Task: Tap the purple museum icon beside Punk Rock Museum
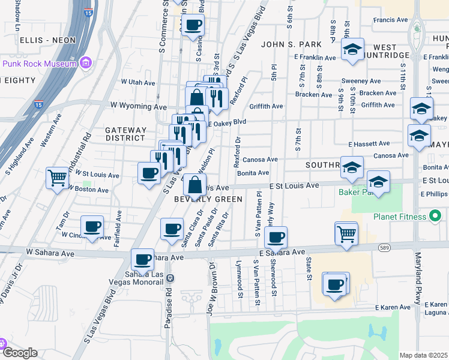pyautogui.click(x=86, y=62)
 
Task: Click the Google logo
pyautogui.click(x=19, y=353)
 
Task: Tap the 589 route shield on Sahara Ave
pyautogui.click(x=385, y=247)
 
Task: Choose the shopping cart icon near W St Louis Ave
pyautogui.click(x=58, y=178)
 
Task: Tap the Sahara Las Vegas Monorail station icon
pyautogui.click(x=170, y=278)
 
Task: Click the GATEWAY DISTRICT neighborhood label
pyautogui.click(x=125, y=134)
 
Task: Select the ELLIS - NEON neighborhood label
pyautogui.click(x=47, y=40)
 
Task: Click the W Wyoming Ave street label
pyautogui.click(x=139, y=106)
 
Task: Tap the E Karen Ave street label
pyautogui.click(x=393, y=307)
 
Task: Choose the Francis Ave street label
pyautogui.click(x=391, y=20)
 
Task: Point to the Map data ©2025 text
pyautogui.click(x=423, y=355)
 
